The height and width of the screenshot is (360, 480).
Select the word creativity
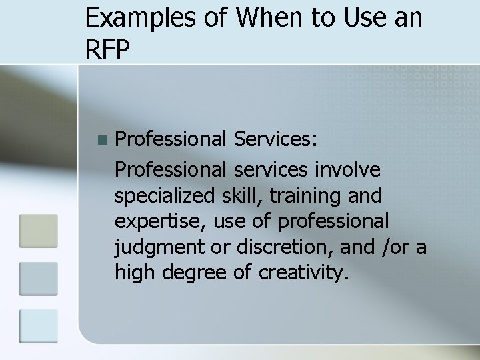pos(303,272)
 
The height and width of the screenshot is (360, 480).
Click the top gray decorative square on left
pos(38,231)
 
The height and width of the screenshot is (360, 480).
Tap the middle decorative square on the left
pos(38,278)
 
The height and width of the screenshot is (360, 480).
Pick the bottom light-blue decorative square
pos(38,326)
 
